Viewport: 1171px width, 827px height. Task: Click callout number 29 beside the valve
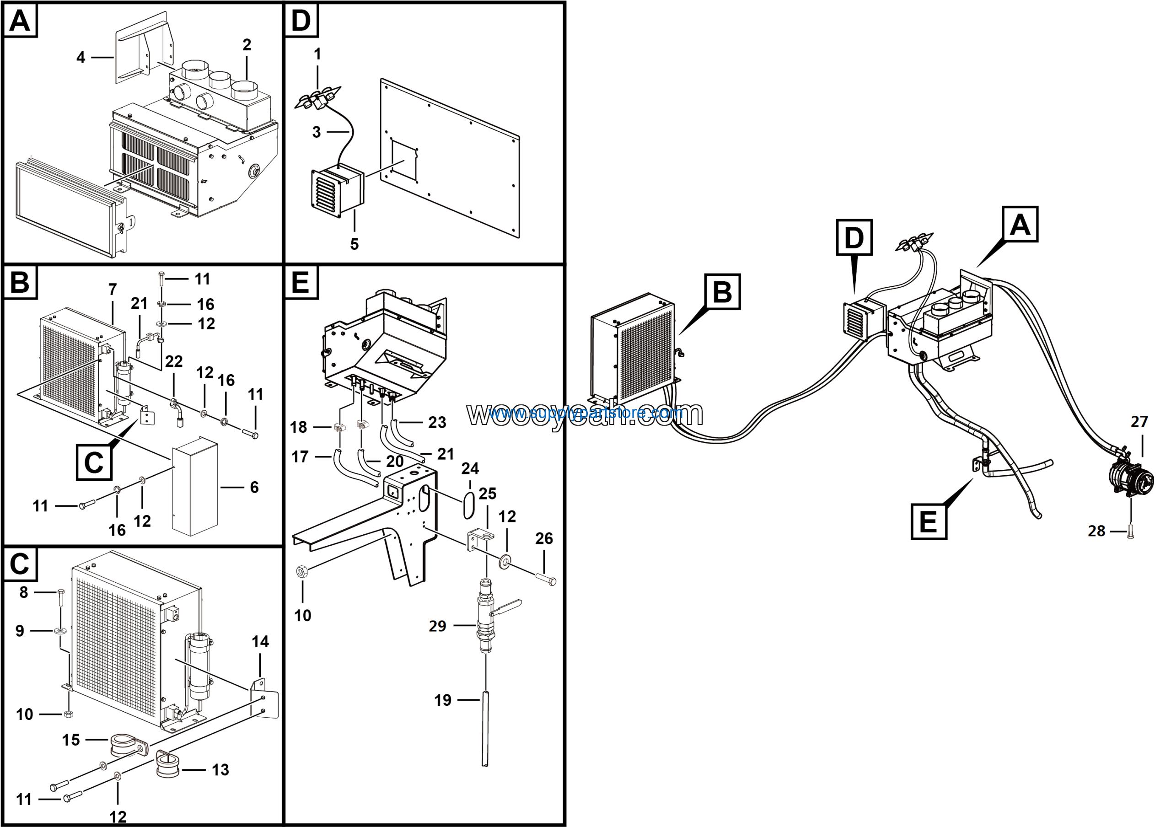point(437,626)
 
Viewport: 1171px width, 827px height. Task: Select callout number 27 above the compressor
point(1139,422)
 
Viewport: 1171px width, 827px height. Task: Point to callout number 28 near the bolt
point(1096,531)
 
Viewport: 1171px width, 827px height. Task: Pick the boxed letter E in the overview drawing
point(928,521)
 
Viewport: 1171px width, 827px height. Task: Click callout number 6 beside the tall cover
point(254,488)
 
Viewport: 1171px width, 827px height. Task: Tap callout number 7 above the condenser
point(113,290)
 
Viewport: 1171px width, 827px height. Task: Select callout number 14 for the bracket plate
point(260,641)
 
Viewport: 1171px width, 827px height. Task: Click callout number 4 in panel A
point(81,57)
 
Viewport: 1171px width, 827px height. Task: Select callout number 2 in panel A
point(247,45)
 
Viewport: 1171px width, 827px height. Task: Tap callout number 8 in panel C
point(23,592)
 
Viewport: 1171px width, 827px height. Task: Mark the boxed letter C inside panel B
point(94,462)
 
